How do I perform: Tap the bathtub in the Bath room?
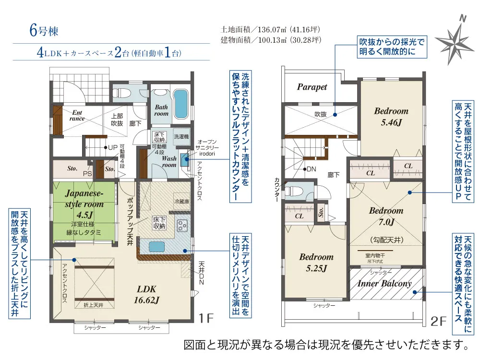point(180,105)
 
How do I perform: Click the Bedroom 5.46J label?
point(391,116)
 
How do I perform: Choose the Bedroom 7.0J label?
point(386,216)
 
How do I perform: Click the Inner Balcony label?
point(384,283)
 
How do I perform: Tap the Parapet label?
point(312,87)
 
